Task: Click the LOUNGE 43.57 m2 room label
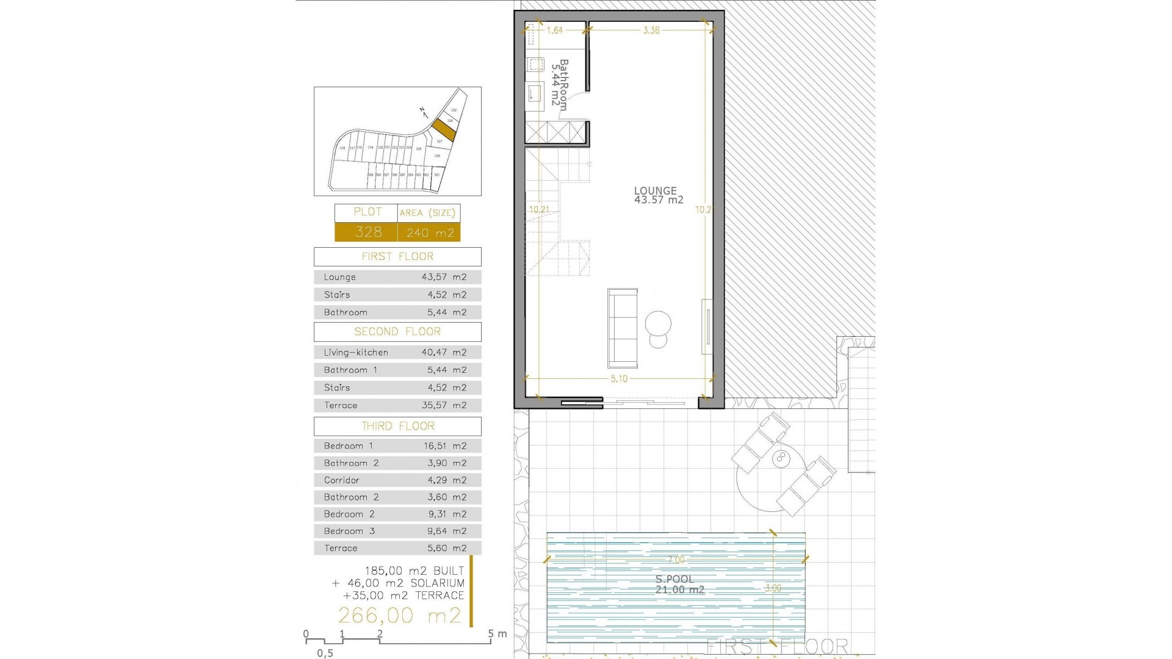pyautogui.click(x=658, y=195)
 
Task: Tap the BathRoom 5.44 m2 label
pyautogui.click(x=559, y=84)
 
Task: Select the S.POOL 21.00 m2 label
pyautogui.click(x=679, y=584)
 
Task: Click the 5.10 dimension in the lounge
pyautogui.click(x=619, y=379)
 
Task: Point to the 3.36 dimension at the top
pyautogui.click(x=651, y=30)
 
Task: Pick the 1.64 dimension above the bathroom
pyautogui.click(x=554, y=30)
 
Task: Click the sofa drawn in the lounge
pyautogui.click(x=623, y=328)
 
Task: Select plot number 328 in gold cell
pyautogui.click(x=367, y=232)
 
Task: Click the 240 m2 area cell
pyautogui.click(x=430, y=232)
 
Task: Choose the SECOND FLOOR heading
pyautogui.click(x=397, y=331)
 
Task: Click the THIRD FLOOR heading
pyautogui.click(x=397, y=426)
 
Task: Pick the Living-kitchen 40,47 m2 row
pyautogui.click(x=397, y=352)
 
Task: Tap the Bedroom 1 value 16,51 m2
pyautogui.click(x=445, y=446)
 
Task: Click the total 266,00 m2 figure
pyautogui.click(x=400, y=615)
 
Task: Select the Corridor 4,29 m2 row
pyautogui.click(x=397, y=480)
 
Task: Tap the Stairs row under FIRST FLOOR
pyautogui.click(x=397, y=295)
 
